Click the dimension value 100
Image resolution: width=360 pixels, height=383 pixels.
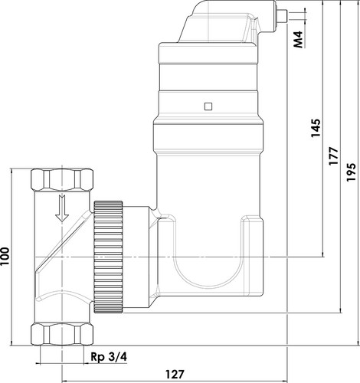pyautogui.click(x=5, y=256)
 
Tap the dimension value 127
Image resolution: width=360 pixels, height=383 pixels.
pyautogui.click(x=175, y=375)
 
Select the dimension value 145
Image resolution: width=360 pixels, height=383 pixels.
pyautogui.click(x=316, y=128)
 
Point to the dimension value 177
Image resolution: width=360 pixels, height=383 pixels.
pyautogui.click(x=333, y=155)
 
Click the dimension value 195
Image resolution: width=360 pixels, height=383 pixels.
pyautogui.click(x=351, y=172)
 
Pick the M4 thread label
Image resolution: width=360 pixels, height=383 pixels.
pyautogui.click(x=298, y=40)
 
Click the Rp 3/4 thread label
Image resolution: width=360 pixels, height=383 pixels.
pyautogui.click(x=109, y=357)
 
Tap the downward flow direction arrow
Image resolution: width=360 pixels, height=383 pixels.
pyautogui.click(x=62, y=208)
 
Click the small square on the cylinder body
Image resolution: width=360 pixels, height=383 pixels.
pyautogui.click(x=208, y=106)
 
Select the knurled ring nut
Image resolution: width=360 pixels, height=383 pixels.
pyautogui.click(x=108, y=257)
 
